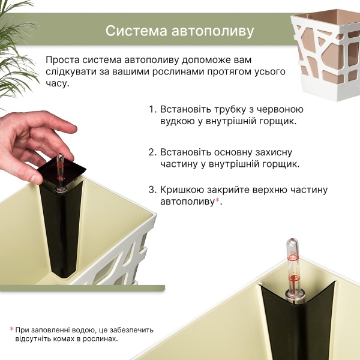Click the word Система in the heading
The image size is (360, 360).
(136, 31)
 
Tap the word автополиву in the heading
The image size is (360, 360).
(212, 31)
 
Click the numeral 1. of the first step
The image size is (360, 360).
(152, 109)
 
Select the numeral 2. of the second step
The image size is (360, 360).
(152, 152)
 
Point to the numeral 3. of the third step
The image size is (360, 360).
(152, 190)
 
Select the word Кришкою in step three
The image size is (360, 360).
(182, 190)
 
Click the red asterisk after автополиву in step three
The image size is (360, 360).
(217, 200)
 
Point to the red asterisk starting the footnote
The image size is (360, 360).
(11, 329)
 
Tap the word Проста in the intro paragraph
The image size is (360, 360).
(62, 60)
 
